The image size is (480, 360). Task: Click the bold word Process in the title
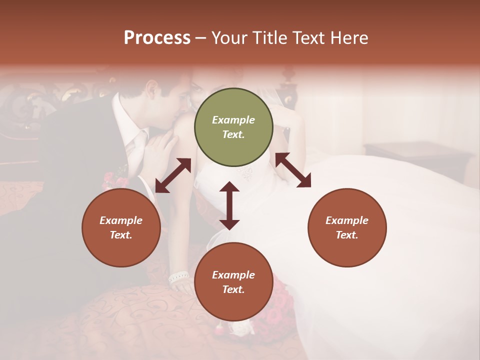click(x=157, y=37)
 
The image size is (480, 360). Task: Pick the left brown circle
click(x=121, y=227)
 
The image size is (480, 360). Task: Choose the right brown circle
click(x=347, y=227)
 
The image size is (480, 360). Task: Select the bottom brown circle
click(x=233, y=282)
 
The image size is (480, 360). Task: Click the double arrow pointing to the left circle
click(x=173, y=175)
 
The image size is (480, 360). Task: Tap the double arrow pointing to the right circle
click(x=293, y=170)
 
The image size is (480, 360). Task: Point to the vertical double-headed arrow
click(x=229, y=205)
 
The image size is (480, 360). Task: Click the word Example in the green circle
click(x=233, y=120)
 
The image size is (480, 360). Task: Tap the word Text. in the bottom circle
click(x=233, y=289)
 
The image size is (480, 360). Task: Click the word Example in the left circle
click(x=121, y=220)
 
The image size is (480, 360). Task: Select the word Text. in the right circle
click(x=347, y=235)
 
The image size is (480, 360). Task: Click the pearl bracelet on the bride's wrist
click(x=178, y=276)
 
